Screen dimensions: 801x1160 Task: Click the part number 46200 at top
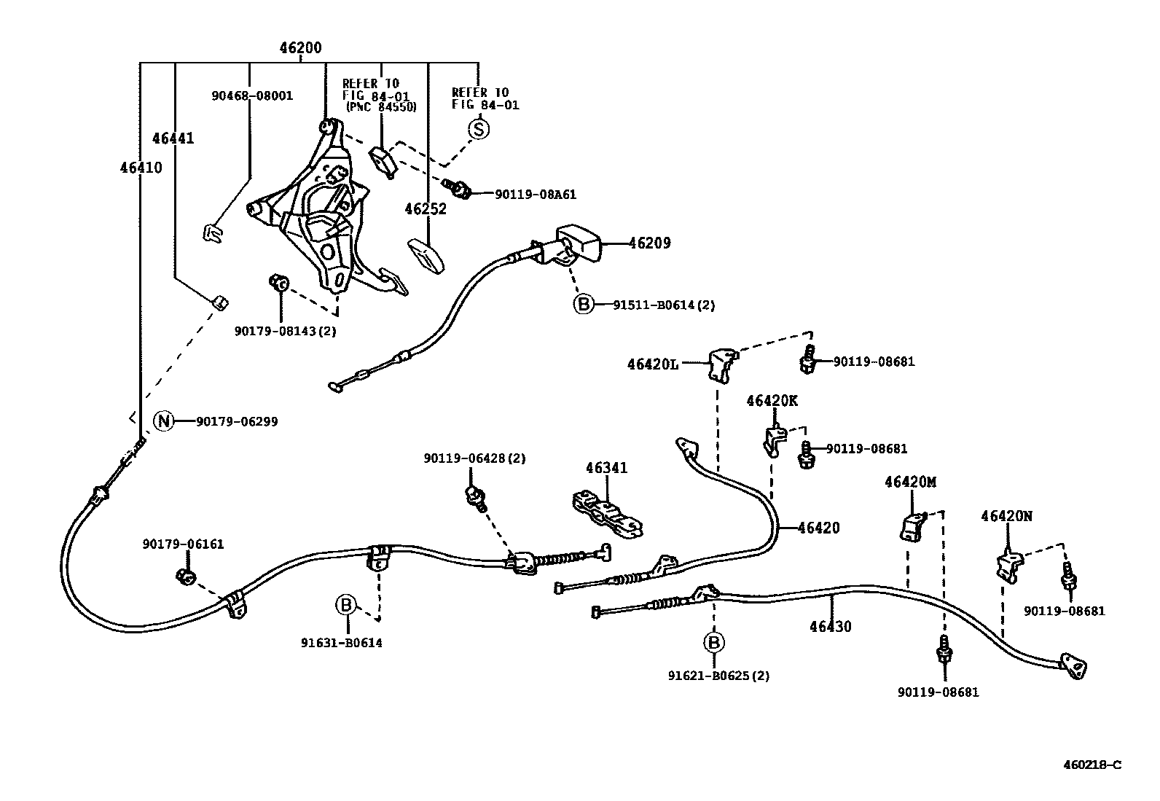pos(300,49)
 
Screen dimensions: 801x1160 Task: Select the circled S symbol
pos(478,129)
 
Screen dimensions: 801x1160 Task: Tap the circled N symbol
pos(164,421)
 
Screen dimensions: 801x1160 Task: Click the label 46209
pos(649,243)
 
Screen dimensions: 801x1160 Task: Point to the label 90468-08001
pos(252,95)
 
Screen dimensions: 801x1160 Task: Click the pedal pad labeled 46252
pos(426,256)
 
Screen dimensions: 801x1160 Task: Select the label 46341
pos(607,468)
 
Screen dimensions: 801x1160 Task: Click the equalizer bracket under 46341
pos(607,514)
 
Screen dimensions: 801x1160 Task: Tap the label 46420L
pos(652,363)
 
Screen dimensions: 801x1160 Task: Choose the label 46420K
pos(772,401)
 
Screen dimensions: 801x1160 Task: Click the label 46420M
pos(910,482)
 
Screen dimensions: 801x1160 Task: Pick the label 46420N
pos(1006,517)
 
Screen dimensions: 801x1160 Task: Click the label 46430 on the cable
pos(830,626)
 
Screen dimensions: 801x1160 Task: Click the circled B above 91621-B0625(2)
pos(714,643)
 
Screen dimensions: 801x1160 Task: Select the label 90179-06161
pos(183,544)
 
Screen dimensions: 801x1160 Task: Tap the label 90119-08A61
pos(536,195)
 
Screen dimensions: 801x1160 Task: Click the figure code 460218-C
pos(1092,765)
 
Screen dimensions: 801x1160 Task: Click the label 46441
pos(173,138)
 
